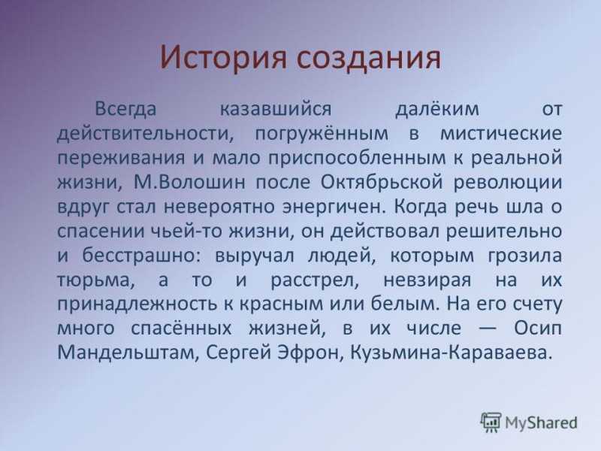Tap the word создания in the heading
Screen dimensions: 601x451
pos(368,59)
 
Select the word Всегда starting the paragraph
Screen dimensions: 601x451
pos(125,110)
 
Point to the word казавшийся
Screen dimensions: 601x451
pos(276,109)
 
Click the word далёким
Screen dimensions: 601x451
pos(437,109)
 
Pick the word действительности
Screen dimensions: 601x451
pos(146,135)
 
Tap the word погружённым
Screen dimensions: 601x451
pos(322,135)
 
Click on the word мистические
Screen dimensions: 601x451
pos(501,134)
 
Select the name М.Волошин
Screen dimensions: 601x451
pos(189,182)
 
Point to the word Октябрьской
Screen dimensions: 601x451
pos(382,182)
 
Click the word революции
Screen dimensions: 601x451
pos(508,183)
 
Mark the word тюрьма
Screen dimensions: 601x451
pos(96,280)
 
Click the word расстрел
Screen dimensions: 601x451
pos(315,280)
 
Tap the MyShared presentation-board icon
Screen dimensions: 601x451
pos(491,422)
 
